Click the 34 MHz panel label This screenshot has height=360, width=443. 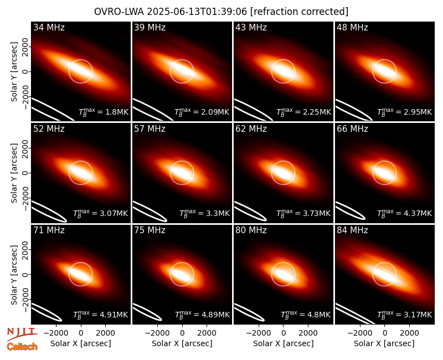coord(49,27)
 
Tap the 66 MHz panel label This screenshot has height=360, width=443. coord(352,129)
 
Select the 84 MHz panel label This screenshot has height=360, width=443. coord(352,230)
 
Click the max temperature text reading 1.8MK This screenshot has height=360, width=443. coord(117,112)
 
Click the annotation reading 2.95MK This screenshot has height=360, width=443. coord(418,112)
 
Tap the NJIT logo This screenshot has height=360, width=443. coord(22,333)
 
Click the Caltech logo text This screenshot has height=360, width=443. coord(22,347)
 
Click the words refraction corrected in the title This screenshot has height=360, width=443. coord(300,12)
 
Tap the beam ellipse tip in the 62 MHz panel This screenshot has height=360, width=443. coord(266,219)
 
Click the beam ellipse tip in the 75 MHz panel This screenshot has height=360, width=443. coord(162,320)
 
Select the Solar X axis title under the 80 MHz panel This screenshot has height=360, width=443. coord(284,343)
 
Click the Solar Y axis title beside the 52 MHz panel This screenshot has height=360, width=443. coord(14,173)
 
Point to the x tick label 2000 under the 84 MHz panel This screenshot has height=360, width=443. coord(409,333)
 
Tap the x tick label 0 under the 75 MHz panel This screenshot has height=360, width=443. coord(182,333)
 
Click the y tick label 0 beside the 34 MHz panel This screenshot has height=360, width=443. coord(25,71)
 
